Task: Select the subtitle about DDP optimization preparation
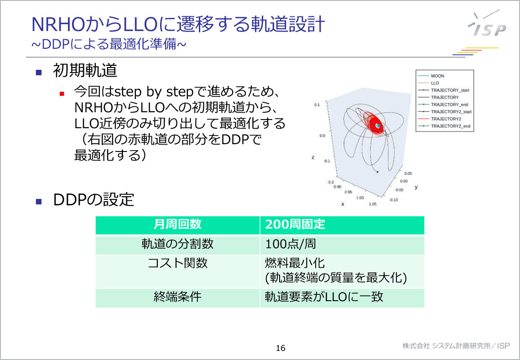click(x=109, y=44)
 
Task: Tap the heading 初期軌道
click(x=85, y=71)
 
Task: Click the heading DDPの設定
click(x=94, y=199)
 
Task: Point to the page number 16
click(x=281, y=348)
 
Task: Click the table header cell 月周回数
click(x=177, y=224)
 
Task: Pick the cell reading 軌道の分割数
click(x=177, y=244)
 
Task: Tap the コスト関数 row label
click(x=177, y=263)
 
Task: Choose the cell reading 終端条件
click(x=177, y=297)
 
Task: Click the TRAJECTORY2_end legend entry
click(x=451, y=126)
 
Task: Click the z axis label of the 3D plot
click(x=313, y=157)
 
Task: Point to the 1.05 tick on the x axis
click(x=373, y=204)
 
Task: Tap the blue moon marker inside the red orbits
click(x=378, y=125)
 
